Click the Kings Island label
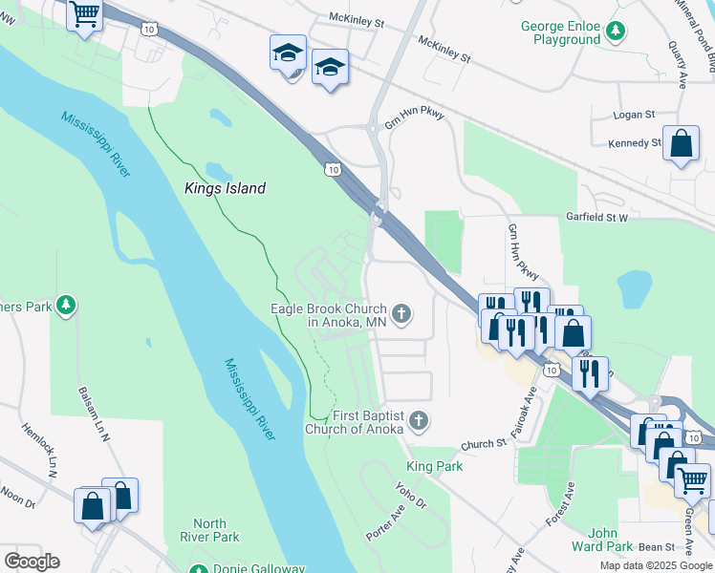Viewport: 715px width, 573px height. point(224,189)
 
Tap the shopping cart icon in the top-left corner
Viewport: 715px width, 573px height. point(85,15)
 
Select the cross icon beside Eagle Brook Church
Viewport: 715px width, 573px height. point(402,313)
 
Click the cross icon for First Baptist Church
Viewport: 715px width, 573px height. point(417,420)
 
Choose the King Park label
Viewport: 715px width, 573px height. point(434,466)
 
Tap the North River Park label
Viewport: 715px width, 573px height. point(209,530)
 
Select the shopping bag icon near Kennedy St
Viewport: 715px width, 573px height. point(681,145)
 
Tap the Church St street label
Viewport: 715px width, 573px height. point(483,444)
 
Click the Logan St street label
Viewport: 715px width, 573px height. point(636,114)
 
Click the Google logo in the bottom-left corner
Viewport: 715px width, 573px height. point(31,562)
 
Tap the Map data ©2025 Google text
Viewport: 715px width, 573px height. point(655,565)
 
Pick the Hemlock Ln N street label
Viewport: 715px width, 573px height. point(39,449)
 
